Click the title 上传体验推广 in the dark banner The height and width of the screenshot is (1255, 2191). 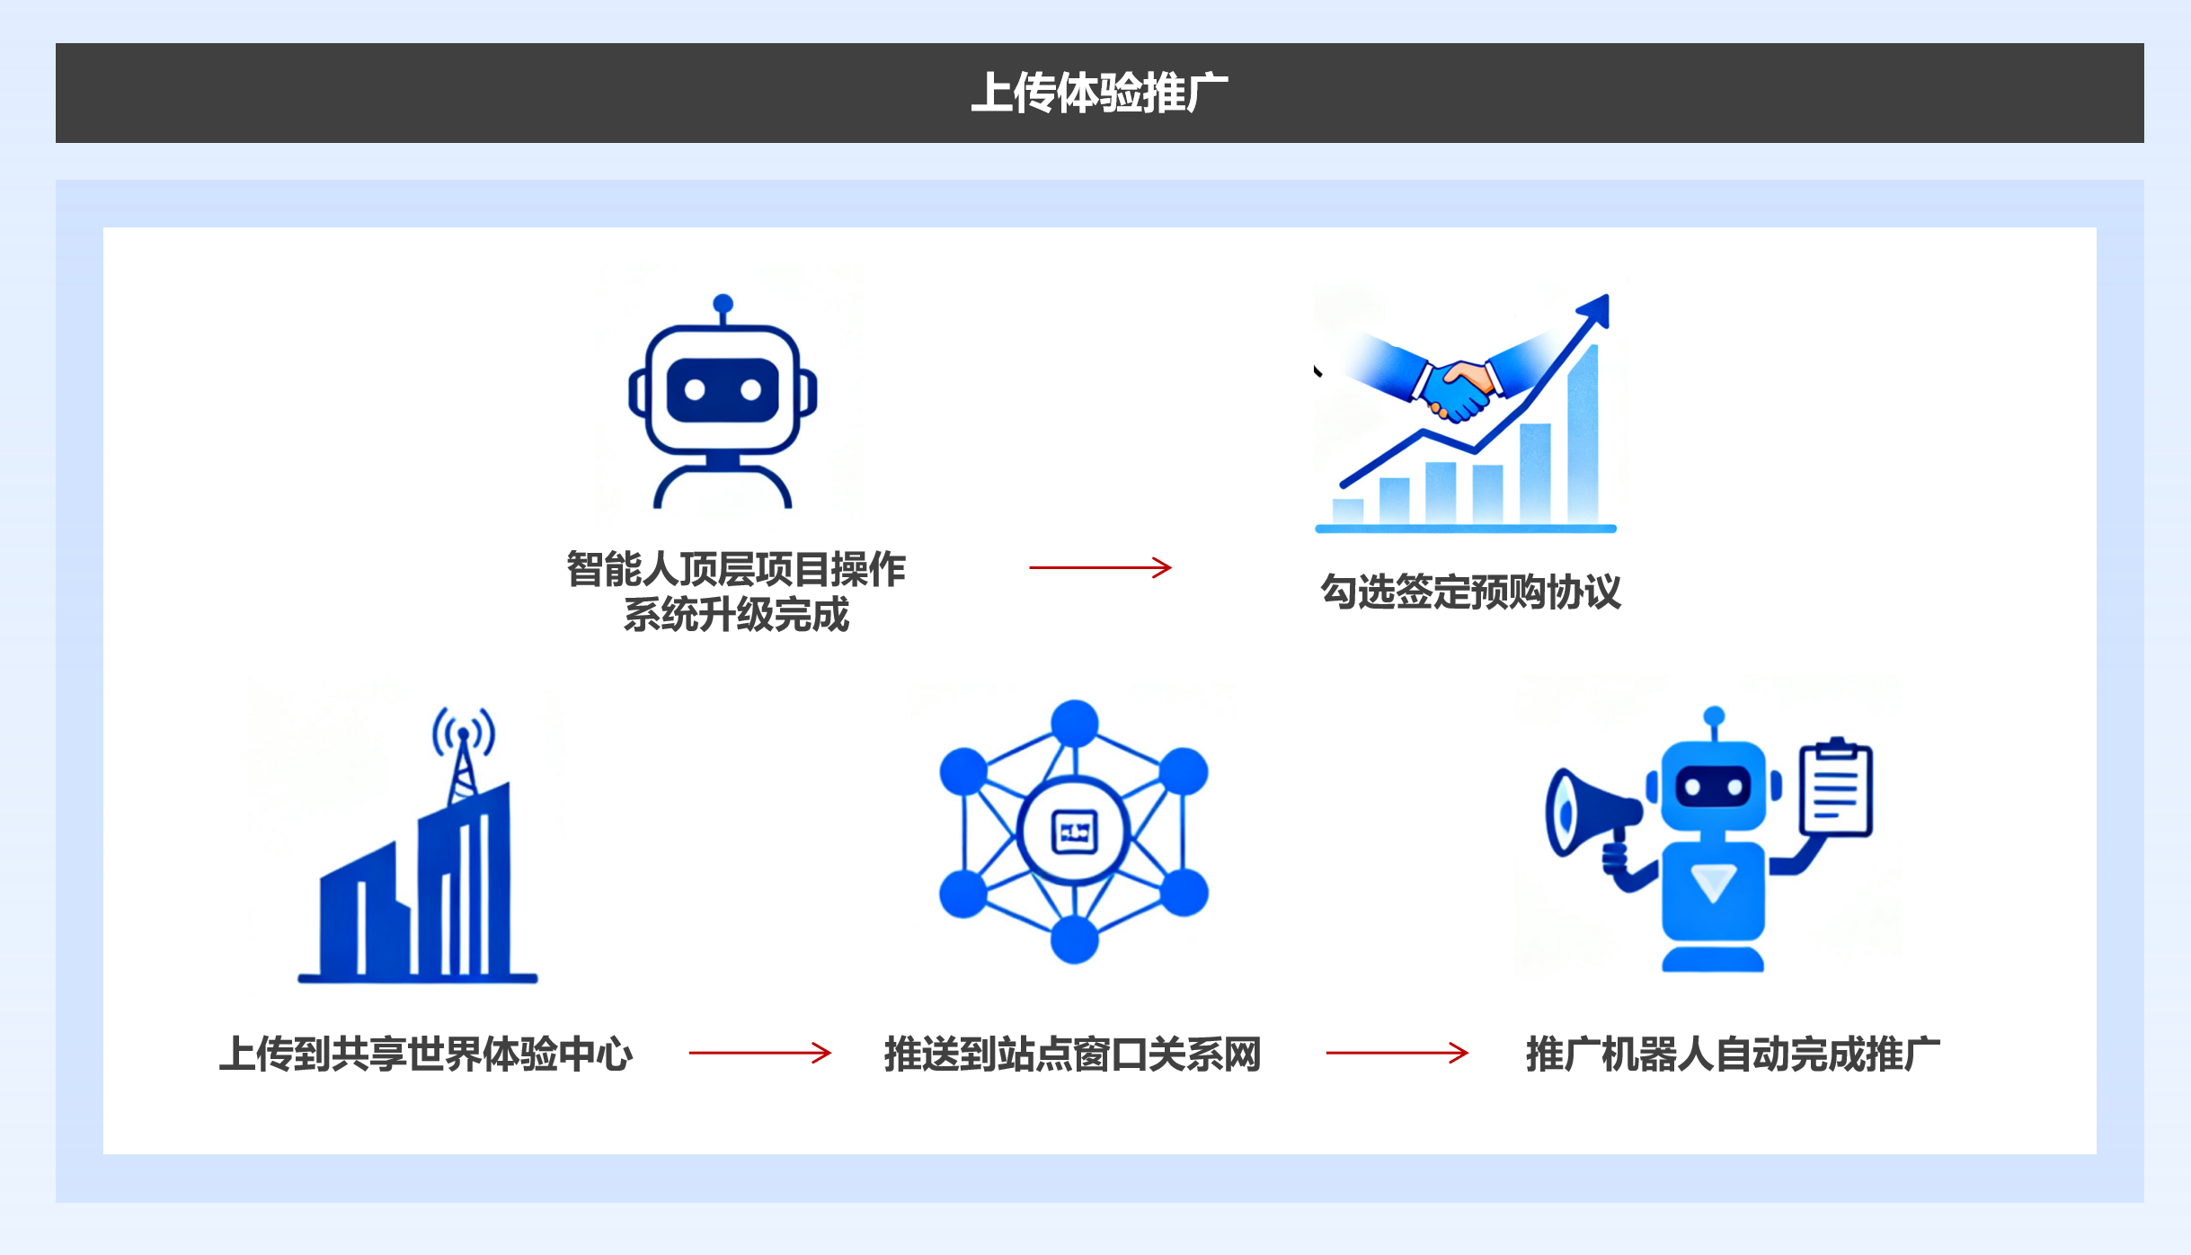tap(1099, 93)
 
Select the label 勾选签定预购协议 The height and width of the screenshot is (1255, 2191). tap(1471, 592)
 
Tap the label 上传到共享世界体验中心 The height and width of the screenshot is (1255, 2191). tap(426, 1054)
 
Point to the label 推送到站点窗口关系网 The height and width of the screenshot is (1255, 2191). tap(1072, 1054)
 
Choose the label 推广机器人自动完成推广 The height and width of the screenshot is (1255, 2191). tap(1733, 1054)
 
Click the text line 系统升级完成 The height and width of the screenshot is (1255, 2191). tap(736, 615)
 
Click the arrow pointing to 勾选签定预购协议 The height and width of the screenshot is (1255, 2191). tap(1101, 567)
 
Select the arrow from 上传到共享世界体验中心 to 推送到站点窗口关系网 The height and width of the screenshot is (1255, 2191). tap(760, 1053)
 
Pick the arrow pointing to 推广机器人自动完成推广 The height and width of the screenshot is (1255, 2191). tap(1397, 1053)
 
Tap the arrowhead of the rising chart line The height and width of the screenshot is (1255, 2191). tap(1594, 308)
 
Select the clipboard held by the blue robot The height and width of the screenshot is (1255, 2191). tap(1836, 788)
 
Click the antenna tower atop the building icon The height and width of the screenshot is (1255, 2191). tap(463, 755)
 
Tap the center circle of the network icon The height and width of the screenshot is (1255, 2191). tap(1074, 832)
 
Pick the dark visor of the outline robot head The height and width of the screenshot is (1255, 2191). tap(723, 390)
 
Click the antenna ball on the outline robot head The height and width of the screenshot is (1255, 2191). tap(723, 304)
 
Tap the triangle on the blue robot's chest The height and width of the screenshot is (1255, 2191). tap(1713, 882)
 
